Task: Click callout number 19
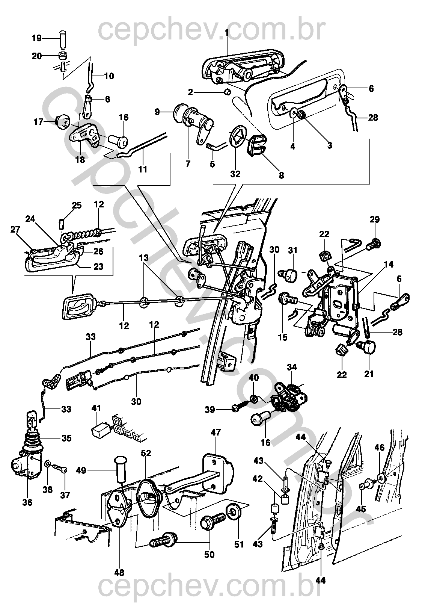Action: coord(36,38)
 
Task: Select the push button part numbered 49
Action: coord(120,470)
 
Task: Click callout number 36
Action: coord(27,502)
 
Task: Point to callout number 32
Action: coord(235,174)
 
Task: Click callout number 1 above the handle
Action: coord(226,33)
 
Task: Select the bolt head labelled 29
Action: coord(375,243)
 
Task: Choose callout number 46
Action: coord(380,447)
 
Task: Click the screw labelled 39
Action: coord(239,409)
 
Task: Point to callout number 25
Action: coord(77,205)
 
